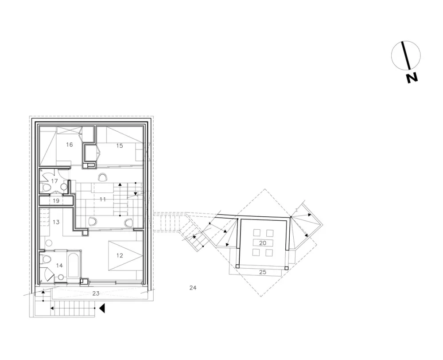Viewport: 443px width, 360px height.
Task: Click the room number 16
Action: [x=70, y=145]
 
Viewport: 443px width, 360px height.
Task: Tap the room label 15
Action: [x=120, y=145]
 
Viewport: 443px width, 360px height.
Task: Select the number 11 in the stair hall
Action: [x=103, y=200]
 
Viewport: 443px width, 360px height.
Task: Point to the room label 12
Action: [x=120, y=255]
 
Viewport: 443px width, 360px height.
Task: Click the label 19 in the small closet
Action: [x=56, y=201]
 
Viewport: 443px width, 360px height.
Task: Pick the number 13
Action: [x=56, y=222]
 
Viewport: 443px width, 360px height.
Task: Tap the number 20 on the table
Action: [x=263, y=243]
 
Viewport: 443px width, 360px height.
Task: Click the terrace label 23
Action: [x=96, y=293]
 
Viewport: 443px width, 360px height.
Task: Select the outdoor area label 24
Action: [x=193, y=288]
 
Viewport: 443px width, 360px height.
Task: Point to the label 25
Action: [x=263, y=272]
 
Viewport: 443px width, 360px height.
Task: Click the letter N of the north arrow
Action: [x=412, y=78]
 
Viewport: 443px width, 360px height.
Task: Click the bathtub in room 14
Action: [x=74, y=266]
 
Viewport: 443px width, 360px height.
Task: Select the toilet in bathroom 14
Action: [x=46, y=259]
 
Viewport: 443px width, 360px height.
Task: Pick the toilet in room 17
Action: [x=45, y=187]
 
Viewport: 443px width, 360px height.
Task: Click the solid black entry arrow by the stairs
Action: [x=102, y=308]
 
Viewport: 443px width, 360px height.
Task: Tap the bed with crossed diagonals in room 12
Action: [x=125, y=255]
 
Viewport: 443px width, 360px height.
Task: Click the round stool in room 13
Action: [x=49, y=243]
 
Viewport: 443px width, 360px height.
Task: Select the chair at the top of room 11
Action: [x=103, y=177]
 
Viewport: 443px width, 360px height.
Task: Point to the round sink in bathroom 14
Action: [x=61, y=277]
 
